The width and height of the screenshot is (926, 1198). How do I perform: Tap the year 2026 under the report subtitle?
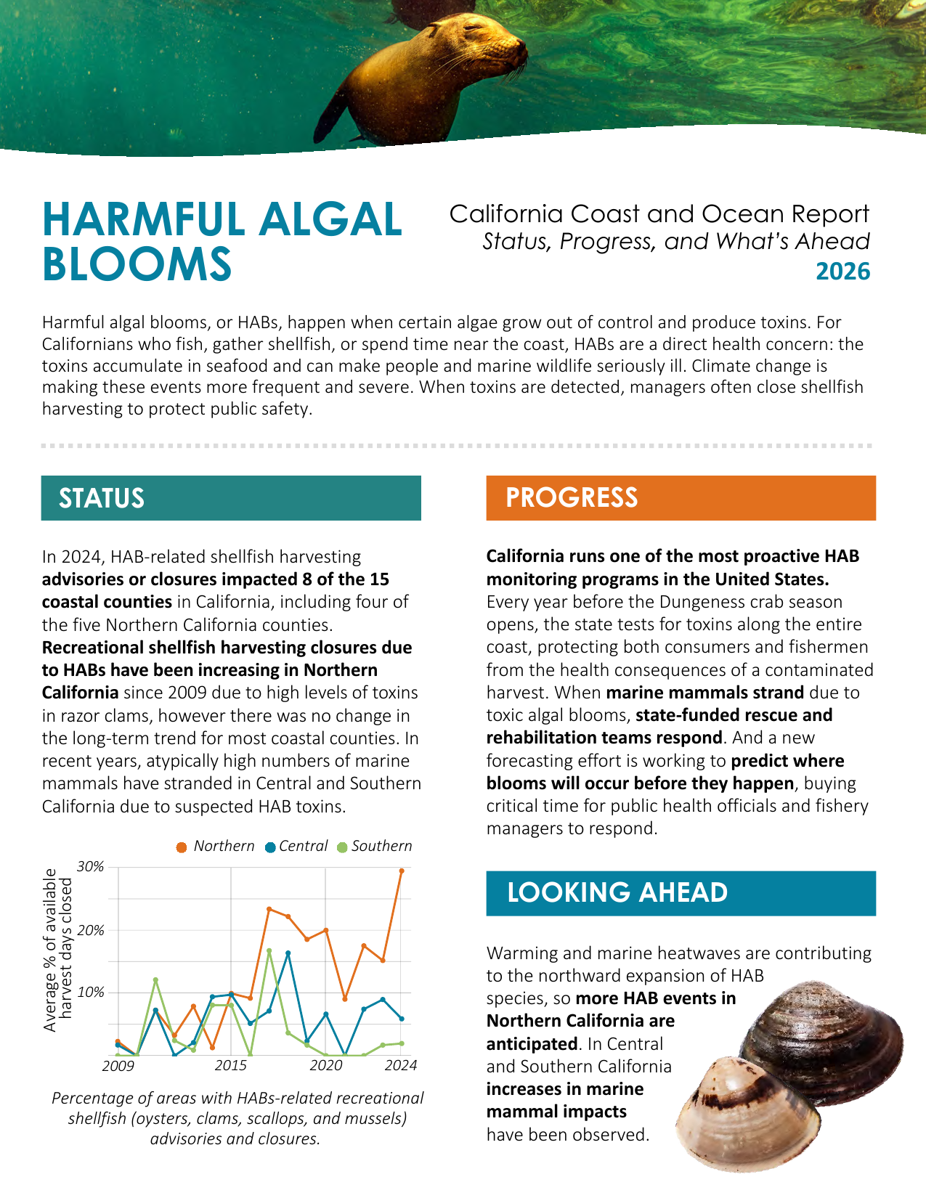coord(842,272)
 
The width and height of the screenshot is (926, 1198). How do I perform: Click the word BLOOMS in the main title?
coord(137,264)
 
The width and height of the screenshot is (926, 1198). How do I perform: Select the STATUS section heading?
coord(102,498)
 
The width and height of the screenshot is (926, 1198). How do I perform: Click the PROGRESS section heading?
coord(572,497)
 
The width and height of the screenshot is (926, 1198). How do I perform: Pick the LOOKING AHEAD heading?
coord(617,892)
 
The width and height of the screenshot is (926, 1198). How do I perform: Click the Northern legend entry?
coord(215,847)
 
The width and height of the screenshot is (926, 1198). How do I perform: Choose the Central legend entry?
coord(296,847)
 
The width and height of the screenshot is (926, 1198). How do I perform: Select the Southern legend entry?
coord(375,847)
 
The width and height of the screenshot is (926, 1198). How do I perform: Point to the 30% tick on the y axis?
coord(91,867)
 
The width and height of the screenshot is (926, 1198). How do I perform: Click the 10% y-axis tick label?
coord(91,993)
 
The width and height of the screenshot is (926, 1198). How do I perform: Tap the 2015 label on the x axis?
coord(230,1065)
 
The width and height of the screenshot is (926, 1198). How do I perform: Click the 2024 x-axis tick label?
coord(401,1065)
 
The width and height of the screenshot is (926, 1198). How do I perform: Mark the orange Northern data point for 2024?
coord(402,871)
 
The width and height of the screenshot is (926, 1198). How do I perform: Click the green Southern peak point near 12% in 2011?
coord(155,980)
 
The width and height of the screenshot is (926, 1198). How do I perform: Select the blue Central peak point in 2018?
coord(288,953)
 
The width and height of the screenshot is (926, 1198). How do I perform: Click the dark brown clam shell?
coord(821,1043)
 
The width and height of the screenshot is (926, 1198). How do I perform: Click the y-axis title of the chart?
coord(57,950)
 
